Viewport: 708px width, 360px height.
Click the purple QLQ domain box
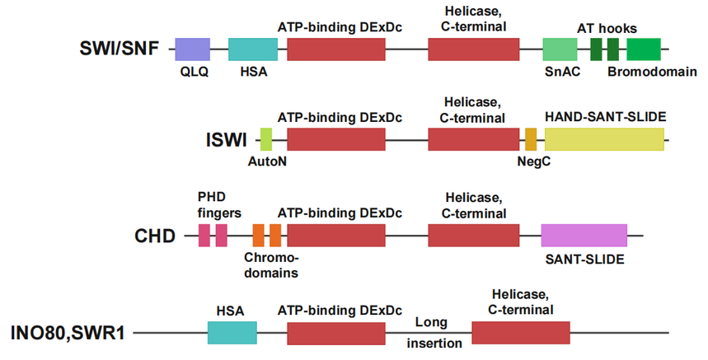pos(192,49)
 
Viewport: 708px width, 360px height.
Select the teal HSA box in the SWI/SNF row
pos(253,49)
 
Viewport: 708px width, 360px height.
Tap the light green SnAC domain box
pos(560,49)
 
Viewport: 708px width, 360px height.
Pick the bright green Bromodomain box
pos(643,49)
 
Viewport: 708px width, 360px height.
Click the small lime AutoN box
pos(266,139)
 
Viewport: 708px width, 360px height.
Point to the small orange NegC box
pos(531,139)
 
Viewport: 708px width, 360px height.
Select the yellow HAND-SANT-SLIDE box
pos(604,139)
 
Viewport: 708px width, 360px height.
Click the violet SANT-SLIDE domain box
pos(584,235)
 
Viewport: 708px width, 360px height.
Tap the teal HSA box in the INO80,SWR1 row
pos(232,333)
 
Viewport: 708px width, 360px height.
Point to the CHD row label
pos(155,236)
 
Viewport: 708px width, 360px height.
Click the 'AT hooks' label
pos(607,28)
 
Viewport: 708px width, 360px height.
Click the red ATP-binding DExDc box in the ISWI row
pos(335,139)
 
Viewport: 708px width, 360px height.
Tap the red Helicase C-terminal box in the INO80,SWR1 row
pos(520,333)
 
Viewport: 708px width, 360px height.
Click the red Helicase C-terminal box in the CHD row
pos(474,235)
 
